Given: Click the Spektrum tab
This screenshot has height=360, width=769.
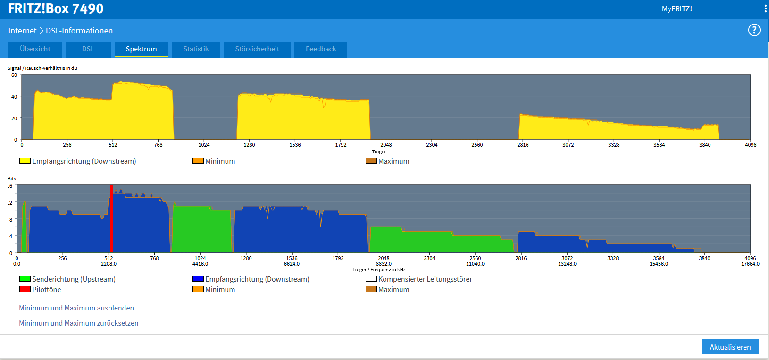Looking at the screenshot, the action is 141,49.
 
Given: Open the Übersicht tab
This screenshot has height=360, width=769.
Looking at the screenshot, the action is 35,49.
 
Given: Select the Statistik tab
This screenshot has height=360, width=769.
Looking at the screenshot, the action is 196,49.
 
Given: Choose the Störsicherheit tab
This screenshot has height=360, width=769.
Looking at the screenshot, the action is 257,49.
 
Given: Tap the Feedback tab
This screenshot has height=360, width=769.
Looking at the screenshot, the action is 321,49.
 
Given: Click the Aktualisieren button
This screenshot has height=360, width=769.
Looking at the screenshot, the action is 730,347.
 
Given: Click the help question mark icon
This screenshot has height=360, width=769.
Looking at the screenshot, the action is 754,30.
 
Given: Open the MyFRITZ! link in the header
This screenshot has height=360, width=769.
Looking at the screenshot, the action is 677,9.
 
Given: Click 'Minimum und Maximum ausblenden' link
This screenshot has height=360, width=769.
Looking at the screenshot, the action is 76,308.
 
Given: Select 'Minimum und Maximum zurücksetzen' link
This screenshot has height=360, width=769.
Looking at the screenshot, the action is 79,323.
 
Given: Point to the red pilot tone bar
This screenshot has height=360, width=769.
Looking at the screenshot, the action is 111,218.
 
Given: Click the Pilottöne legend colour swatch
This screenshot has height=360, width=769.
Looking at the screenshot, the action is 25,289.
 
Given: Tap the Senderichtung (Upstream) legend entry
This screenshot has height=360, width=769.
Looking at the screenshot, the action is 67,279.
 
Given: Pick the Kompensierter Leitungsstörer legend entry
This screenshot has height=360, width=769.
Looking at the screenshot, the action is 419,279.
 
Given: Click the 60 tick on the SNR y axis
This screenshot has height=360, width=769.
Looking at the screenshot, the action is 14,75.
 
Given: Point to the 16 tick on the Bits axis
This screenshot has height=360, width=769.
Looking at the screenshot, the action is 9,186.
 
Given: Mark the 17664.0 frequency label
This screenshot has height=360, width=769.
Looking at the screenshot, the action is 750,264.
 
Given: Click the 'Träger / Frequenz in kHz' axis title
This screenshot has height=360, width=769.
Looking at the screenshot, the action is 379,270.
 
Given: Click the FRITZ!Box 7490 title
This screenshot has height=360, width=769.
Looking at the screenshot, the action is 56,8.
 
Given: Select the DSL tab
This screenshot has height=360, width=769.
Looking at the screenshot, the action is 88,49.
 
